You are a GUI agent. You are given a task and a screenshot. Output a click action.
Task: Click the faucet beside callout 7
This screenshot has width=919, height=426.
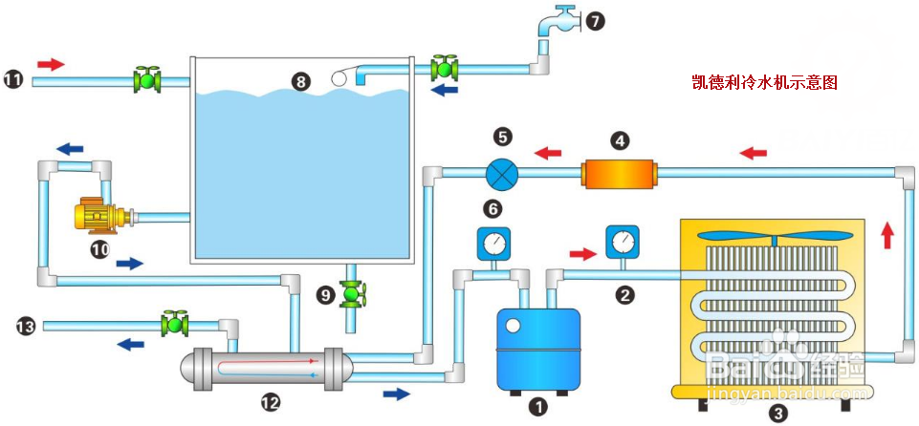point(563,20)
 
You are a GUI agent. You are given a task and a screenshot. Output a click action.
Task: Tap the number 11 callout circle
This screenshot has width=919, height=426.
point(13,80)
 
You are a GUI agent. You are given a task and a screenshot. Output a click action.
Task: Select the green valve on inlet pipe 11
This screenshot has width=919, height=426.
point(146,79)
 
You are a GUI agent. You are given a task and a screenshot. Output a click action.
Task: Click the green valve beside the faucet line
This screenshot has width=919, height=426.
point(443,68)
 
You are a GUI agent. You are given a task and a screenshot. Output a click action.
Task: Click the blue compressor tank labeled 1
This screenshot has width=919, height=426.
point(539,348)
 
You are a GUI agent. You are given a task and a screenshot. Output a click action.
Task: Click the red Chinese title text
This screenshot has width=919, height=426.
point(765,83)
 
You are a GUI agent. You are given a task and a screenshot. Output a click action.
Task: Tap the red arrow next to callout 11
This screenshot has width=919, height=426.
point(51,64)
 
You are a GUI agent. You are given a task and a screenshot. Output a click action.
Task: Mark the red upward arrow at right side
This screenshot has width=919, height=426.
point(887,232)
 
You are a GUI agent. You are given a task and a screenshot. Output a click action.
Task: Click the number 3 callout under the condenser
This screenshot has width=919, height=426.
point(778,414)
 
